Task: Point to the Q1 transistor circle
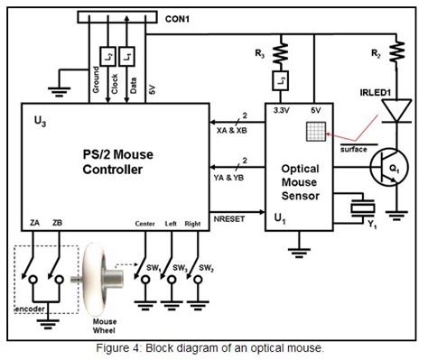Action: [388, 170]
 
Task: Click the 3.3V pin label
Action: [280, 110]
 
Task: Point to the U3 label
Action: [38, 117]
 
